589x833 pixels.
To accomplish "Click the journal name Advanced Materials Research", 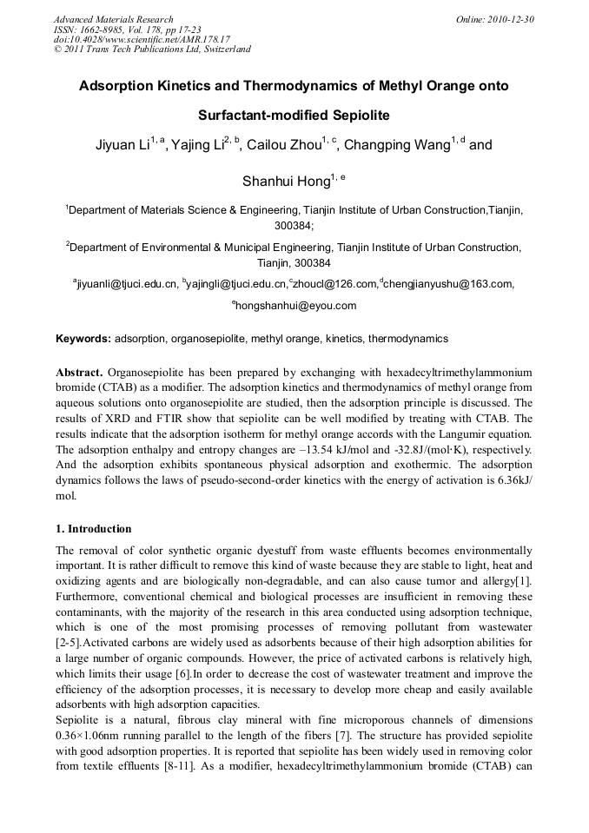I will click(x=113, y=19).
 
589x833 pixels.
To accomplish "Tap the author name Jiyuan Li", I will click(x=122, y=145).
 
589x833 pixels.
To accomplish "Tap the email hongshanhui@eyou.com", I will click(x=296, y=305).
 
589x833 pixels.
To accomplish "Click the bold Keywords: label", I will click(x=83, y=338).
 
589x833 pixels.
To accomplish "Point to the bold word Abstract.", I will click(x=80, y=372).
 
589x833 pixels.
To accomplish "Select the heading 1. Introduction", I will click(x=94, y=529).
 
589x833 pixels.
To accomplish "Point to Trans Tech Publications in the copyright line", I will click(x=138, y=49).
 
